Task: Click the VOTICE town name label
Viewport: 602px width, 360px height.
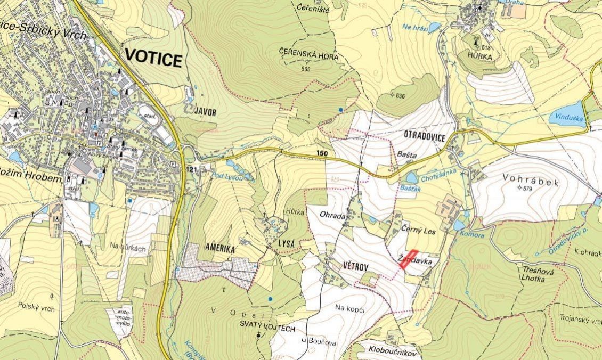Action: (153, 59)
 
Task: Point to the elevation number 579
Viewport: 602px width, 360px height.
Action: (528, 189)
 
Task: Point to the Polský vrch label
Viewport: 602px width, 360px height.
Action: (36, 306)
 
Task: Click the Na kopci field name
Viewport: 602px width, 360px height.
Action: (348, 307)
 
